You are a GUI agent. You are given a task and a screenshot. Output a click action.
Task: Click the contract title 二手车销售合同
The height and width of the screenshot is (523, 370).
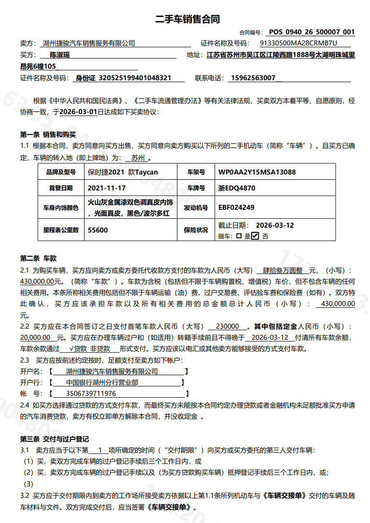coord(187,19)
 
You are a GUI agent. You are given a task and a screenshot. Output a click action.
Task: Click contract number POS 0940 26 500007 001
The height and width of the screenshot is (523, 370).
coord(312,32)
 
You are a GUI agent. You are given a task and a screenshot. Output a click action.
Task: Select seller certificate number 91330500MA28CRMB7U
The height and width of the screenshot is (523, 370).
coord(299,43)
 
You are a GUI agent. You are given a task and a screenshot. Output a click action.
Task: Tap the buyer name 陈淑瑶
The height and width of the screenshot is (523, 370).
coord(60,55)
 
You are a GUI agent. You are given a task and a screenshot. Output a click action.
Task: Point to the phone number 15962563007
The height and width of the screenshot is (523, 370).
coord(253,78)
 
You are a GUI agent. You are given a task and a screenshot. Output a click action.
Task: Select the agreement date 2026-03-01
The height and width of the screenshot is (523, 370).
coord(79,111)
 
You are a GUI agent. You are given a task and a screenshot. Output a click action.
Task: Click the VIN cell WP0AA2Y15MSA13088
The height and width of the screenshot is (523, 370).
coord(257,172)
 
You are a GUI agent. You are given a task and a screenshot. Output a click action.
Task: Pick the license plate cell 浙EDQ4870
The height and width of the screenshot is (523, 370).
coord(237,188)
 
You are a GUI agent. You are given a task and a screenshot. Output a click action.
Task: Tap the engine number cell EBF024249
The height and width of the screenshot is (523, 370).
coord(236,207)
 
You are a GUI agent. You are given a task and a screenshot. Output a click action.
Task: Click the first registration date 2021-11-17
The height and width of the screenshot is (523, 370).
coord(107,188)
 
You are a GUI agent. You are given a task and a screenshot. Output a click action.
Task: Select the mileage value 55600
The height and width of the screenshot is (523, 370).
coord(98,230)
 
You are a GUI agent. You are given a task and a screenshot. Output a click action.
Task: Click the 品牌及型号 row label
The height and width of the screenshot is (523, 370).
coord(61,172)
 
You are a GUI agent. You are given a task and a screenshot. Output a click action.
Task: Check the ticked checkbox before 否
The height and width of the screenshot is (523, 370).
coord(255,236)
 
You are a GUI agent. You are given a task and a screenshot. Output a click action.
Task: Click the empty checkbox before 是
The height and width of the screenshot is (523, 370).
coord(239,236)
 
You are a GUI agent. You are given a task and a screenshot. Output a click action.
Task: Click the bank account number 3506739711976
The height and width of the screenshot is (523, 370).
coord(91,393)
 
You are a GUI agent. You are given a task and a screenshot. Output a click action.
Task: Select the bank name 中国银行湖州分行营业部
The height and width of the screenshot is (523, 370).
coord(102,382)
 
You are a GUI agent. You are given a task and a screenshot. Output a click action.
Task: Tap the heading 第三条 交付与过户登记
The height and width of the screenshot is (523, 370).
coord(54,439)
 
